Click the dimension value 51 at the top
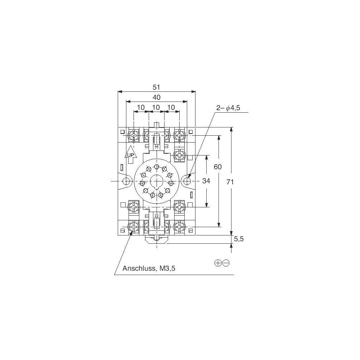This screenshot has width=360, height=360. click(156, 87)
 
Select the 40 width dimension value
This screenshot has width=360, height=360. click(156, 97)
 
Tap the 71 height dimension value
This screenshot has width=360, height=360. click(230, 182)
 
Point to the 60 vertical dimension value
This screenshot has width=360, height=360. click(218, 167)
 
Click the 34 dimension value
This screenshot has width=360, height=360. click(206, 181)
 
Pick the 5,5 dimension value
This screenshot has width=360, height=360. click(239, 239)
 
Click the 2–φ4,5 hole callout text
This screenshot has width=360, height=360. click(228, 108)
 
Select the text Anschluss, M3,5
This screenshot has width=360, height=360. click(149, 268)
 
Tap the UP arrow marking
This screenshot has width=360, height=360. click(130, 154)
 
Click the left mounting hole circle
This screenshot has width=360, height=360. click(126, 181)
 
